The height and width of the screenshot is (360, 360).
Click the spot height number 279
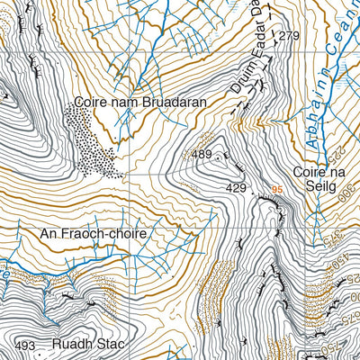click(288, 36)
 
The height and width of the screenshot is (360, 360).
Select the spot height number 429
click(236, 187)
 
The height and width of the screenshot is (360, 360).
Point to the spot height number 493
click(25, 346)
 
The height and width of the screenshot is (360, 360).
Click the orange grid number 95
click(276, 190)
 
